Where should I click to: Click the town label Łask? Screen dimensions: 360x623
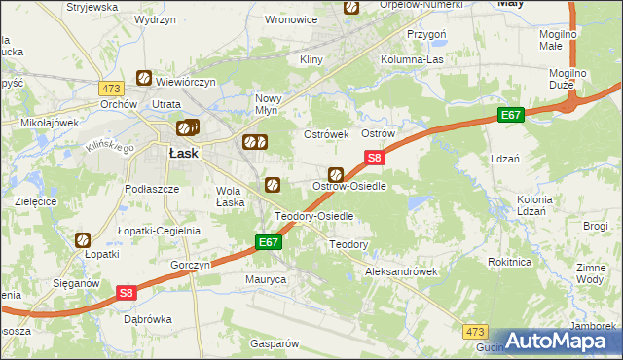pyautogui.click(x=184, y=153)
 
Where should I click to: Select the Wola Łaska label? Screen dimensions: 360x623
pyautogui.click(x=230, y=197)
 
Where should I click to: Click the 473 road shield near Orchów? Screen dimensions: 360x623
pyautogui.click(x=110, y=89)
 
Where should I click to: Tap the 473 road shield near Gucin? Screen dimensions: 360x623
pyautogui.click(x=474, y=332)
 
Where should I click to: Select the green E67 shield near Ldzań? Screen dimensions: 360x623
pyautogui.click(x=512, y=116)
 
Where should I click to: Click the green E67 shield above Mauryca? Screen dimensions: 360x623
pyautogui.click(x=270, y=242)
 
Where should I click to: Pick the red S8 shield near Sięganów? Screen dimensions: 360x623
pyautogui.click(x=126, y=292)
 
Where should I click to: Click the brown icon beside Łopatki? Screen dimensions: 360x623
pyautogui.click(x=83, y=238)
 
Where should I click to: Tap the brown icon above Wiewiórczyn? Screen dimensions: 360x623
pyautogui.click(x=144, y=77)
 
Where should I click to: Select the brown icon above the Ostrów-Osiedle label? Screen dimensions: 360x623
pyautogui.click(x=335, y=174)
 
